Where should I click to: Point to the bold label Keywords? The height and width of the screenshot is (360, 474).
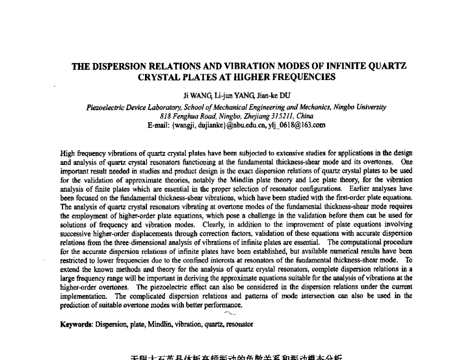coord(77,324)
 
